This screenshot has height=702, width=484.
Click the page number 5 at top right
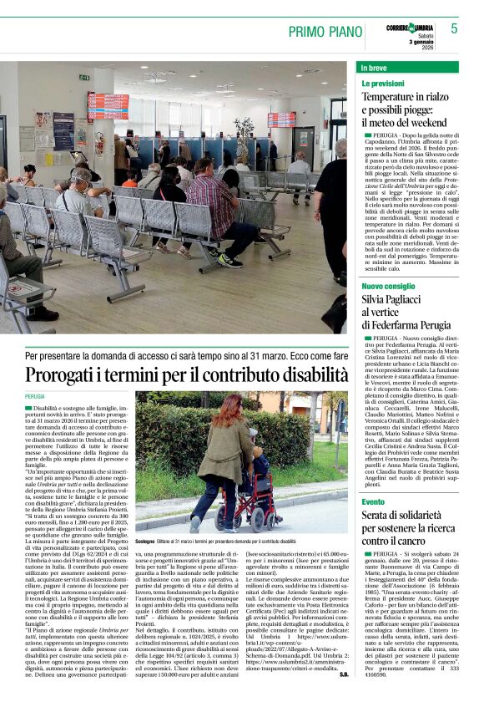pos(454,28)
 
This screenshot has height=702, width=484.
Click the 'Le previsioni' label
pos(383,84)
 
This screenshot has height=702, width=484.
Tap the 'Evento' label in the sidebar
pos(373,501)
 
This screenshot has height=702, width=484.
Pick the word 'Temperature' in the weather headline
pos(391,97)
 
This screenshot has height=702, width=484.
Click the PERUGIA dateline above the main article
pos(35,396)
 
